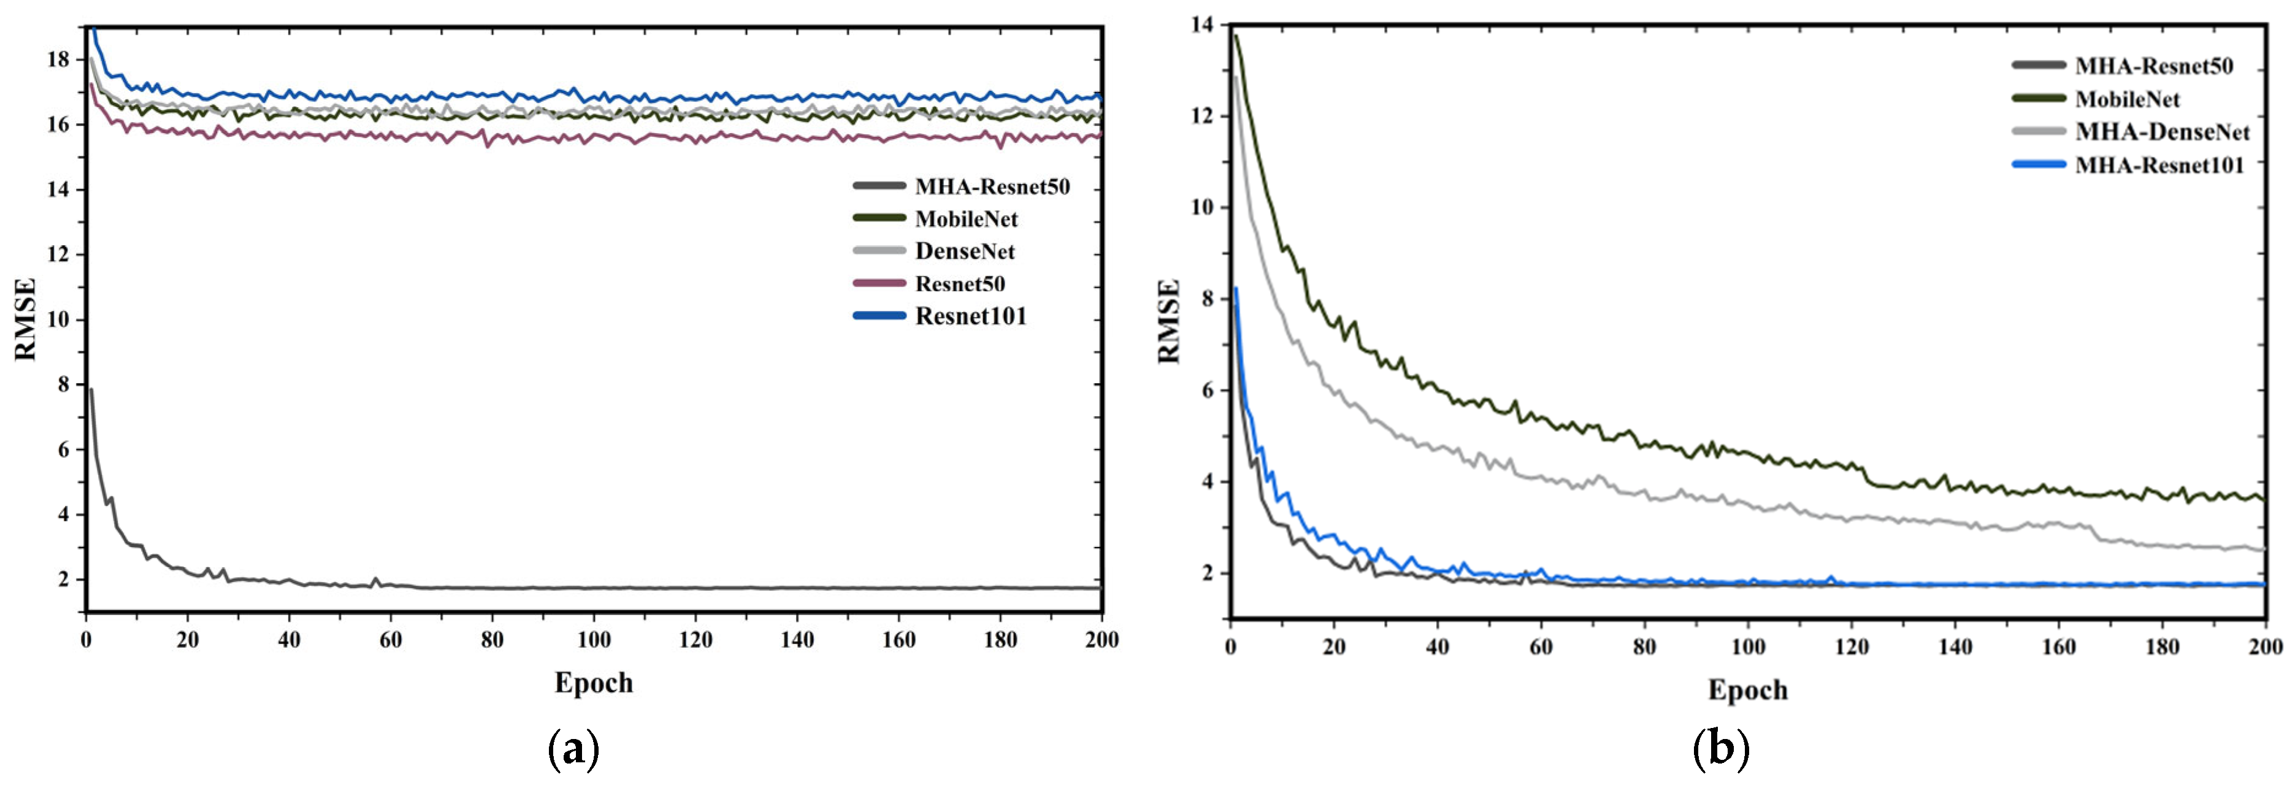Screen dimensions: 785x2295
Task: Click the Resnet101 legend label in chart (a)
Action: pos(970,316)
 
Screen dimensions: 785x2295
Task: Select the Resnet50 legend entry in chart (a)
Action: pos(959,284)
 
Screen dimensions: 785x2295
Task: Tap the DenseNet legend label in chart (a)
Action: pos(964,251)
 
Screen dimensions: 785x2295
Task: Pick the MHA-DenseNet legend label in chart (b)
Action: pos(2163,132)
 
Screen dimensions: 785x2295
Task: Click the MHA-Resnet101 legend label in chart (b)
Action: pos(2159,165)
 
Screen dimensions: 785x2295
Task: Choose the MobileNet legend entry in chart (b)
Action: pos(2126,99)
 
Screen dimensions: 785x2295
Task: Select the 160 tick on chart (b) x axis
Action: pos(2058,647)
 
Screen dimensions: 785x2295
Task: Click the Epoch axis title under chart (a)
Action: pos(593,683)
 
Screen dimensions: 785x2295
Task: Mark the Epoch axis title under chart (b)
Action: pos(1747,690)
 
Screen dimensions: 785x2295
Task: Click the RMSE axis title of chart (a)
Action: pos(25,319)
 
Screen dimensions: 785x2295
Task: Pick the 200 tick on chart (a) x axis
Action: pos(1101,640)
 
